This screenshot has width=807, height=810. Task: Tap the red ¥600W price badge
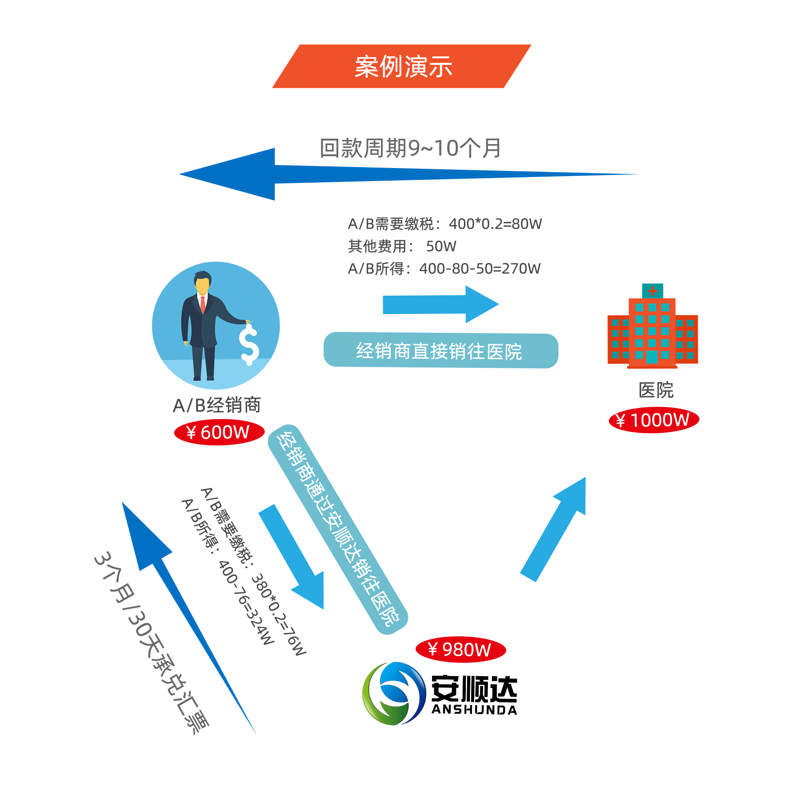(219, 432)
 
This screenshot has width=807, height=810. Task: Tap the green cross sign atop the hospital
(652, 290)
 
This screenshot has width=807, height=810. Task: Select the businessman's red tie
(203, 304)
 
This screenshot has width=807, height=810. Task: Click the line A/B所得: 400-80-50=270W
(444, 268)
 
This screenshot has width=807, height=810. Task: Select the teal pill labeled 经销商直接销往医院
(440, 350)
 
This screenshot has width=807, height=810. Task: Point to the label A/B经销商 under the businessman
(216, 405)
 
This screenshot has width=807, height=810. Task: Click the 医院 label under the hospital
(655, 390)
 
